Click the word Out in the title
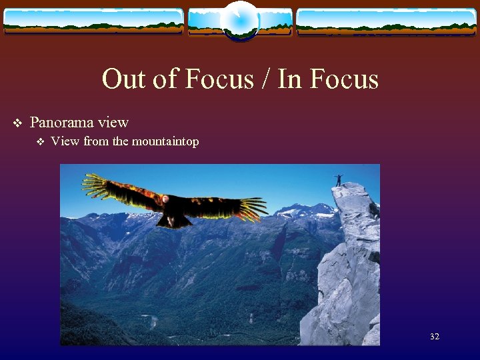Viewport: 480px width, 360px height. (122, 79)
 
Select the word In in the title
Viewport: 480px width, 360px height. (288, 79)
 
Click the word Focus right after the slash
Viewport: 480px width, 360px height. (343, 79)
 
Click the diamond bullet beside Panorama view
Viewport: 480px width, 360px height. (17, 123)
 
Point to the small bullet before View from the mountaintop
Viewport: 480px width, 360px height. (40, 142)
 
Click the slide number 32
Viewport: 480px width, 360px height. (435, 337)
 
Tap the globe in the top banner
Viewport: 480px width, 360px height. (239, 20)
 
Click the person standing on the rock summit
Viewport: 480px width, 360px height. (339, 180)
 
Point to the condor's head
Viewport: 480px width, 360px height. (164, 199)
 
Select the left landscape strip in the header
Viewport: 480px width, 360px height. (93, 21)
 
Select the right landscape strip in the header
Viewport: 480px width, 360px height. (386, 21)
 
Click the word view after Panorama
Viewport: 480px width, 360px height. (113, 123)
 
